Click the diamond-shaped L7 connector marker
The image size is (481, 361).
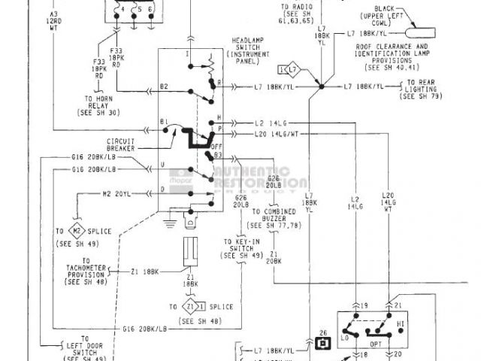pos(289,71)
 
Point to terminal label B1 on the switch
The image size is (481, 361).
pos(164,121)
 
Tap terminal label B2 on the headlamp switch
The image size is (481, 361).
pos(164,87)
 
